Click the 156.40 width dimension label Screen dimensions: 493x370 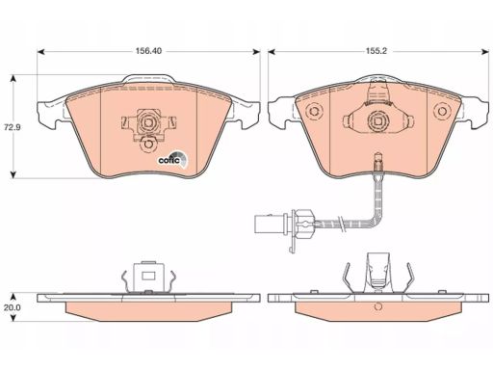coord(148,51)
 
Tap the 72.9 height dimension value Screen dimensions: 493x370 coord(13,127)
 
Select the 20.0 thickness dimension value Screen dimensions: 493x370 coord(13,307)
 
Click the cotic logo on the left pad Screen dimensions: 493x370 coord(173,159)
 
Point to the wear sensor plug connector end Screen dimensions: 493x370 coord(264,224)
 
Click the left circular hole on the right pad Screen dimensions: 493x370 coord(314,111)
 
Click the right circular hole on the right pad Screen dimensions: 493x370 coord(442,111)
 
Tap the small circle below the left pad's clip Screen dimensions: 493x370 coord(148,144)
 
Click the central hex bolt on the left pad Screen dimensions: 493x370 coord(148,122)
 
